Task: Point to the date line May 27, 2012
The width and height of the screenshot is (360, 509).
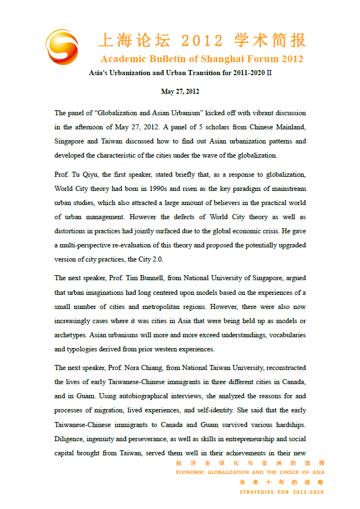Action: click(x=180, y=92)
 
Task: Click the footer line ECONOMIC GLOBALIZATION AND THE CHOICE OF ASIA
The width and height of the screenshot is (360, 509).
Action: click(x=250, y=472)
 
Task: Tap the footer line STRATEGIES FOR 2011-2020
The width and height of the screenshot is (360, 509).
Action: click(x=282, y=492)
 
